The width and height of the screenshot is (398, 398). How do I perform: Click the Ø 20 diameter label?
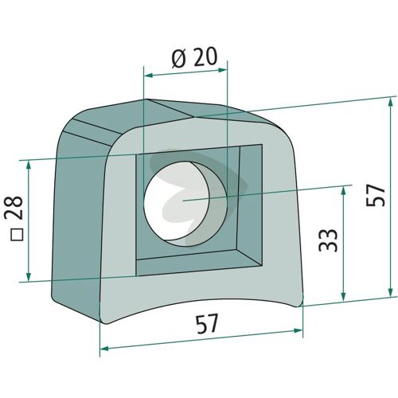click(194, 57)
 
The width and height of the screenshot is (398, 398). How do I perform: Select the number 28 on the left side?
click(14, 207)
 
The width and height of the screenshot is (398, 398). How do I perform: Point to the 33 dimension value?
click(328, 240)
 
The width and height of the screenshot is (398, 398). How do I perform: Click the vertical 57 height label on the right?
click(375, 196)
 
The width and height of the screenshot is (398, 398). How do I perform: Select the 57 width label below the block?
click(207, 324)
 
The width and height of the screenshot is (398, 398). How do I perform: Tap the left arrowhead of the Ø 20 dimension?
click(150, 76)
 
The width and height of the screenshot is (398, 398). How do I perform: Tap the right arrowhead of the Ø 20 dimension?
click(222, 70)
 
